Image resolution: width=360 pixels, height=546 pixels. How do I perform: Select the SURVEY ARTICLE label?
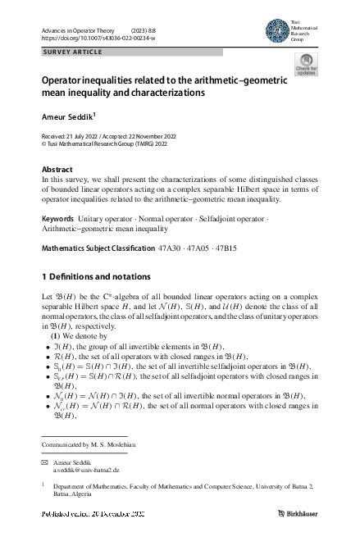72,52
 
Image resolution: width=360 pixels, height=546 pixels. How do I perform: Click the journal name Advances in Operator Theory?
78,30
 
